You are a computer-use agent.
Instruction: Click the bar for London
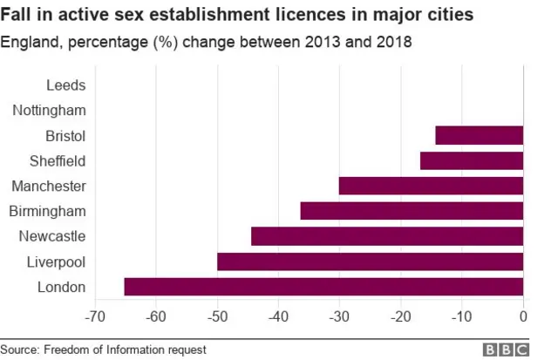323,287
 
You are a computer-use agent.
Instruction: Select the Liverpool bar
370,262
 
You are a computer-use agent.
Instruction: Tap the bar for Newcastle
387,236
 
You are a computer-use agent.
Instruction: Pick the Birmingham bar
412,211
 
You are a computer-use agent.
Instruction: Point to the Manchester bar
431,186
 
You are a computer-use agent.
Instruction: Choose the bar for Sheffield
472,160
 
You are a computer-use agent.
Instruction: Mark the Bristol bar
479,135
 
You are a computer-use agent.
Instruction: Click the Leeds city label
65,85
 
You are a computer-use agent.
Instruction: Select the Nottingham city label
51,110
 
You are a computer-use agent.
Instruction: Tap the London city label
63,287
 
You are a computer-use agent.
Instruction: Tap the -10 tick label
461,315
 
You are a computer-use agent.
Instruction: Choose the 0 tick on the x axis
523,315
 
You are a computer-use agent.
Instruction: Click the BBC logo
506,349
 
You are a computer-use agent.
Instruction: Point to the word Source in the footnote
22,349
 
